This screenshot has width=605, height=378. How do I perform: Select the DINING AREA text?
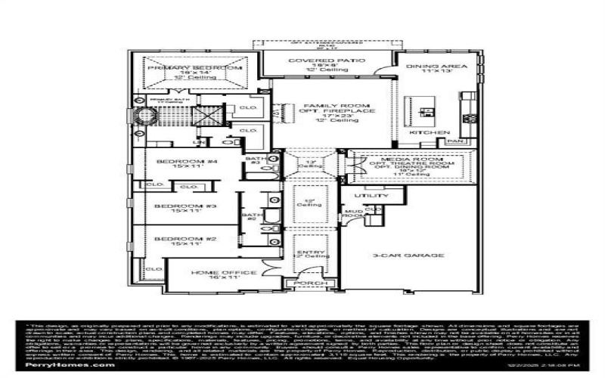436,67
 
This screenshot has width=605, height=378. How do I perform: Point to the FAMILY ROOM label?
336,106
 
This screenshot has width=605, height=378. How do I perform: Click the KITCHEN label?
424,132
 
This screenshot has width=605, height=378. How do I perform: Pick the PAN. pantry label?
455,141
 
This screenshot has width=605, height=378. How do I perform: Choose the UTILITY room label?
376,196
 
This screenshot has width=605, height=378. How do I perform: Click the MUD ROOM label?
352,212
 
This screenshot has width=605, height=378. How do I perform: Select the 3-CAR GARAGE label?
407,256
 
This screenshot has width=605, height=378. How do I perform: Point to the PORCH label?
302,284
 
